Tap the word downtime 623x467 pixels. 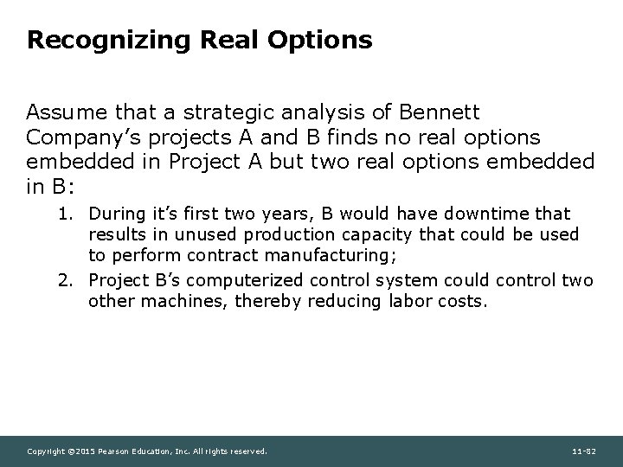pyautogui.click(x=477, y=213)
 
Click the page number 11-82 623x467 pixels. pyautogui.click(x=585, y=451)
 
